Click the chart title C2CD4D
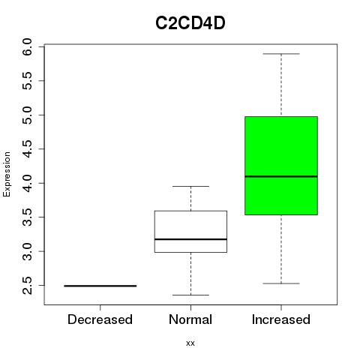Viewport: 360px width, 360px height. [190, 23]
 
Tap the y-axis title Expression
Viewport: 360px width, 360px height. [7, 174]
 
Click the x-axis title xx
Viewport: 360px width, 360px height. [190, 343]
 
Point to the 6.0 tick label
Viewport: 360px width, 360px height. [27, 46]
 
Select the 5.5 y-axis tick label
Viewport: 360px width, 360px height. [27, 81]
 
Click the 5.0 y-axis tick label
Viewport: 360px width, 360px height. [27, 115]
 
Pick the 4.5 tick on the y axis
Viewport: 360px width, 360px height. [27, 149]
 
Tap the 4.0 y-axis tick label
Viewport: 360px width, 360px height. [27, 183]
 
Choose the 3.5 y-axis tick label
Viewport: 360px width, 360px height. [27, 217]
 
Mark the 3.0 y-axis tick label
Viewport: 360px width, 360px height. [27, 251]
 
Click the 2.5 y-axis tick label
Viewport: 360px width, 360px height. [27, 286]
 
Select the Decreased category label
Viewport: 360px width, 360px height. [100, 319]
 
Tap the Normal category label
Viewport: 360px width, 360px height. [190, 319]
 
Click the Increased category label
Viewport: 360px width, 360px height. [281, 319]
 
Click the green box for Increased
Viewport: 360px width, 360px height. [281, 166]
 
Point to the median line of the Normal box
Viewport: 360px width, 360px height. [190, 239]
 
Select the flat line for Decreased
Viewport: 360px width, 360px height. [100, 286]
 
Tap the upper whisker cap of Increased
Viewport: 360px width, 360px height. [281, 54]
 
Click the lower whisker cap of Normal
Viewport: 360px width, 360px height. [190, 295]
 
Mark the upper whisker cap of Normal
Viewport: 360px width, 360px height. [190, 186]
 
